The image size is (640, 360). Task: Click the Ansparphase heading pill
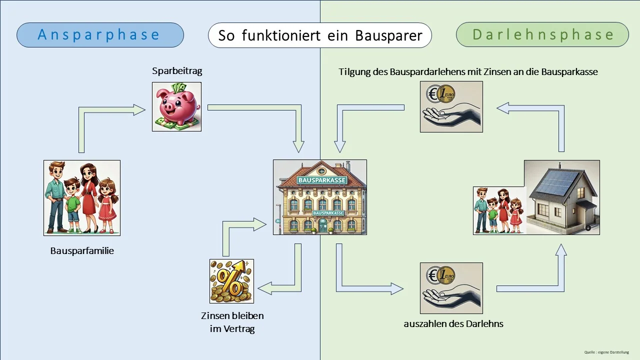(x=100, y=35)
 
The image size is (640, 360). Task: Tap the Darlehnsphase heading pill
(x=542, y=35)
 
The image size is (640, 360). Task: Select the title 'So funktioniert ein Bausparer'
(x=320, y=36)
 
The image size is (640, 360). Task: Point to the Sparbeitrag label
(x=177, y=71)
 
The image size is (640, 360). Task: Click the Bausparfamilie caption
(x=82, y=251)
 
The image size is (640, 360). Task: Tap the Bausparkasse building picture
(x=320, y=197)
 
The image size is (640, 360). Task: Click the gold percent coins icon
(x=231, y=281)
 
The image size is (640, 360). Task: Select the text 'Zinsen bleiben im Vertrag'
(x=232, y=322)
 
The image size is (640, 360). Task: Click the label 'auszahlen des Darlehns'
(x=453, y=324)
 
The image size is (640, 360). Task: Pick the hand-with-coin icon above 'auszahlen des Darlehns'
(x=451, y=289)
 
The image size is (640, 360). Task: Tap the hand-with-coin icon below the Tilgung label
(x=451, y=106)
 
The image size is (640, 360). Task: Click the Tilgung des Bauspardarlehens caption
(x=468, y=72)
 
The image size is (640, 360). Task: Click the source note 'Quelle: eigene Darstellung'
(x=606, y=352)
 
